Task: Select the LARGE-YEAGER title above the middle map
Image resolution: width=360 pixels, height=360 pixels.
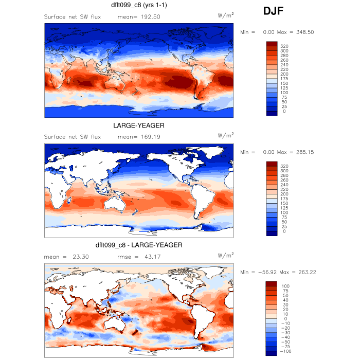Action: (139, 125)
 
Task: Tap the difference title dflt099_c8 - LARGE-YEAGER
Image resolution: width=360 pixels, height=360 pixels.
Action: (139, 245)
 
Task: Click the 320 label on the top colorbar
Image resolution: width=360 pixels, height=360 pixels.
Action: (285, 46)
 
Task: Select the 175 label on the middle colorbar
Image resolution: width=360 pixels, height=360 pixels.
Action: (285, 199)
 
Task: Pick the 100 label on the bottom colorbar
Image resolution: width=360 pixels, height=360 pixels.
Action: (285, 286)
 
